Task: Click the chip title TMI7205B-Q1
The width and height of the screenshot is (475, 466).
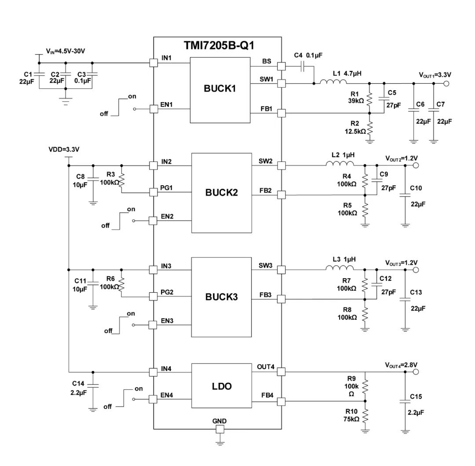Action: pyautogui.click(x=219, y=45)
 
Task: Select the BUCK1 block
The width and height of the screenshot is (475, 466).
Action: pyautogui.click(x=220, y=88)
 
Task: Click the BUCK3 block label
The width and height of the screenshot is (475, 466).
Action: pyautogui.click(x=221, y=297)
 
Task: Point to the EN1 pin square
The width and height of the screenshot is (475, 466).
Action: pyautogui.click(x=153, y=109)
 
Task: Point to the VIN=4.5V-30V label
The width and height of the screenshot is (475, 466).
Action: pyautogui.click(x=66, y=51)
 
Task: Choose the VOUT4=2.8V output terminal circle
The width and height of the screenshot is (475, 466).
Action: pyautogui.click(x=416, y=372)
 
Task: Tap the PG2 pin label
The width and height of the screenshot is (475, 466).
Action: pyautogui.click(x=167, y=292)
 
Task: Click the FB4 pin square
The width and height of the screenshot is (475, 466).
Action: pyautogui.click(x=281, y=401)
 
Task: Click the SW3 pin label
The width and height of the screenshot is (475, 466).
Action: pyautogui.click(x=265, y=265)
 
